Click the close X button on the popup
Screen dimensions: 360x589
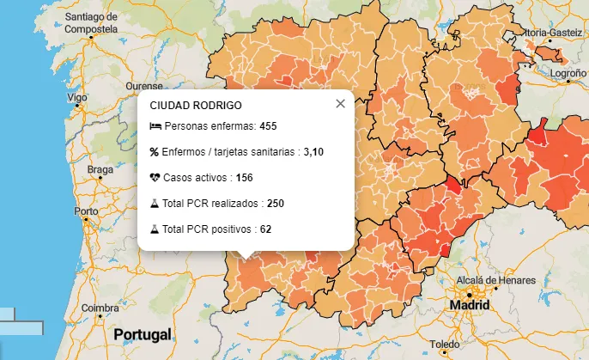click(340, 104)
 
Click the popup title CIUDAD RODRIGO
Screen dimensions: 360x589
click(196, 106)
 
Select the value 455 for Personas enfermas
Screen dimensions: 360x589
click(268, 126)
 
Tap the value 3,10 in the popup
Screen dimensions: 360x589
click(313, 152)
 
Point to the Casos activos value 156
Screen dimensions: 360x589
click(244, 178)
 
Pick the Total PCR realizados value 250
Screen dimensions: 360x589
click(275, 204)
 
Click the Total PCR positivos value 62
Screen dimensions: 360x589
click(265, 229)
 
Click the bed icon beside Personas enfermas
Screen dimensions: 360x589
click(155, 126)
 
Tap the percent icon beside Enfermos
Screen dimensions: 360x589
click(155, 152)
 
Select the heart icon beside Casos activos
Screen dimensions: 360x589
click(155, 178)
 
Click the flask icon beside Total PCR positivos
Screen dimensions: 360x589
click(155, 229)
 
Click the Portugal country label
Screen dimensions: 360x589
click(143, 334)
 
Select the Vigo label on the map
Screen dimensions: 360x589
click(77, 98)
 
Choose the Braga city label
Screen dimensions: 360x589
click(100, 169)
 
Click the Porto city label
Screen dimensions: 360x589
click(86, 211)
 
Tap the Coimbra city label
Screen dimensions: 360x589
click(100, 308)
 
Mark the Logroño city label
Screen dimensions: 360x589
click(568, 74)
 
